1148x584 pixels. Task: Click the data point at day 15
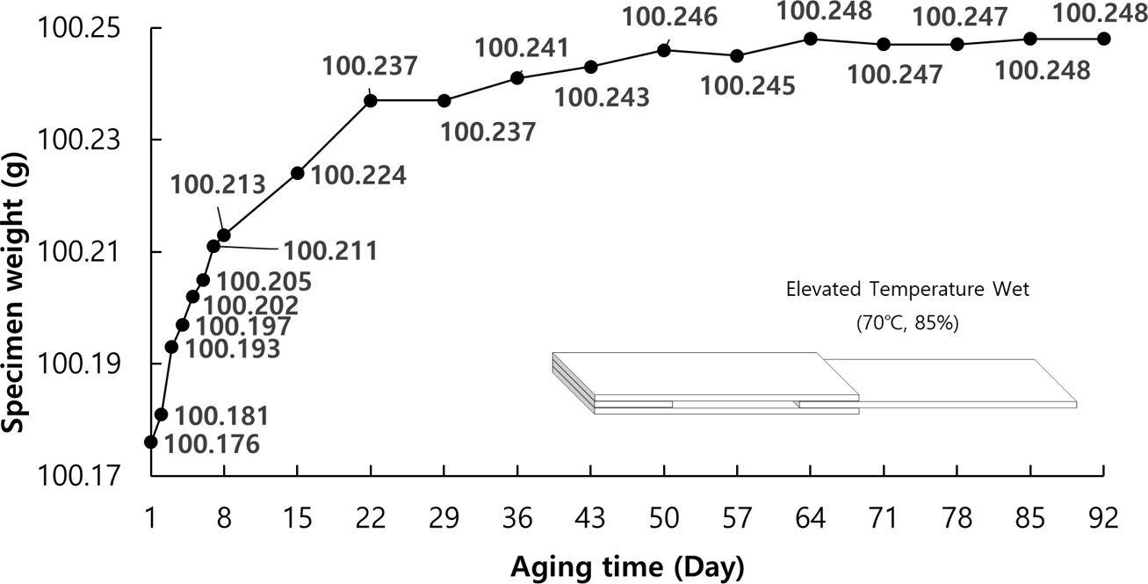point(297,173)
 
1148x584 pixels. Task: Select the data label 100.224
point(358,176)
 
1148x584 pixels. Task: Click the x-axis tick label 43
point(590,519)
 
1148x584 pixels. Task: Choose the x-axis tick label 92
point(1103,519)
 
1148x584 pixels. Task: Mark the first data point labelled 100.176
point(151,442)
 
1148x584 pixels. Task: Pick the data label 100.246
point(669,16)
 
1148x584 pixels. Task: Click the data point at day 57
point(737,56)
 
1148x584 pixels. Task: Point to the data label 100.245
point(748,86)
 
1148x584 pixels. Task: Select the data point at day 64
point(811,39)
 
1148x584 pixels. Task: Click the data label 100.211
point(330,251)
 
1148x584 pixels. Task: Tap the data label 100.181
point(221,415)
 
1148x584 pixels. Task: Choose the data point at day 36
point(517,78)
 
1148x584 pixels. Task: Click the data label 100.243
point(603,97)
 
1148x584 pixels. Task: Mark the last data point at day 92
point(1103,39)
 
